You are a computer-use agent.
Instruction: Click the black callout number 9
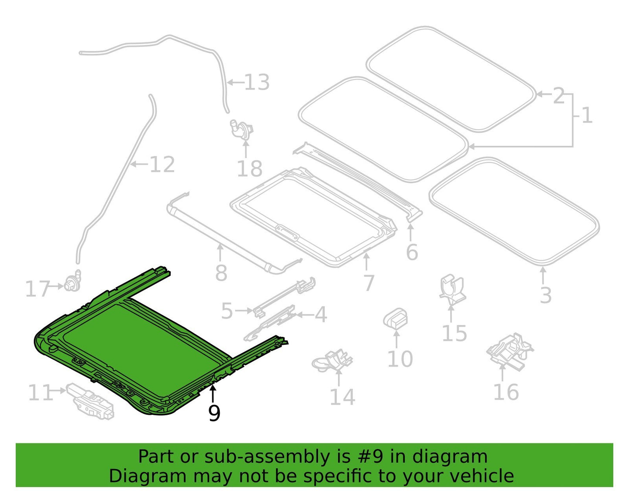click(x=214, y=413)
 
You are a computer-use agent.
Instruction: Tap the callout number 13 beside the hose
click(x=257, y=82)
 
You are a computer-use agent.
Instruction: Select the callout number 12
click(x=162, y=165)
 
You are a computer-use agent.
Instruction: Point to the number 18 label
click(x=249, y=169)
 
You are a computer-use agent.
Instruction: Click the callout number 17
click(x=37, y=289)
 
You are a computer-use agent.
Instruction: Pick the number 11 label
click(x=40, y=392)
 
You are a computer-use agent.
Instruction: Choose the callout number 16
click(x=506, y=392)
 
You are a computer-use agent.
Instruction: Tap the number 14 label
click(x=343, y=397)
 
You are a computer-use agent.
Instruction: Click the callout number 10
click(x=400, y=359)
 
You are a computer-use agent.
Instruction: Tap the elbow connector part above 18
click(x=242, y=130)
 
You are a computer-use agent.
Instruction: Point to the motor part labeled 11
click(x=90, y=401)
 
